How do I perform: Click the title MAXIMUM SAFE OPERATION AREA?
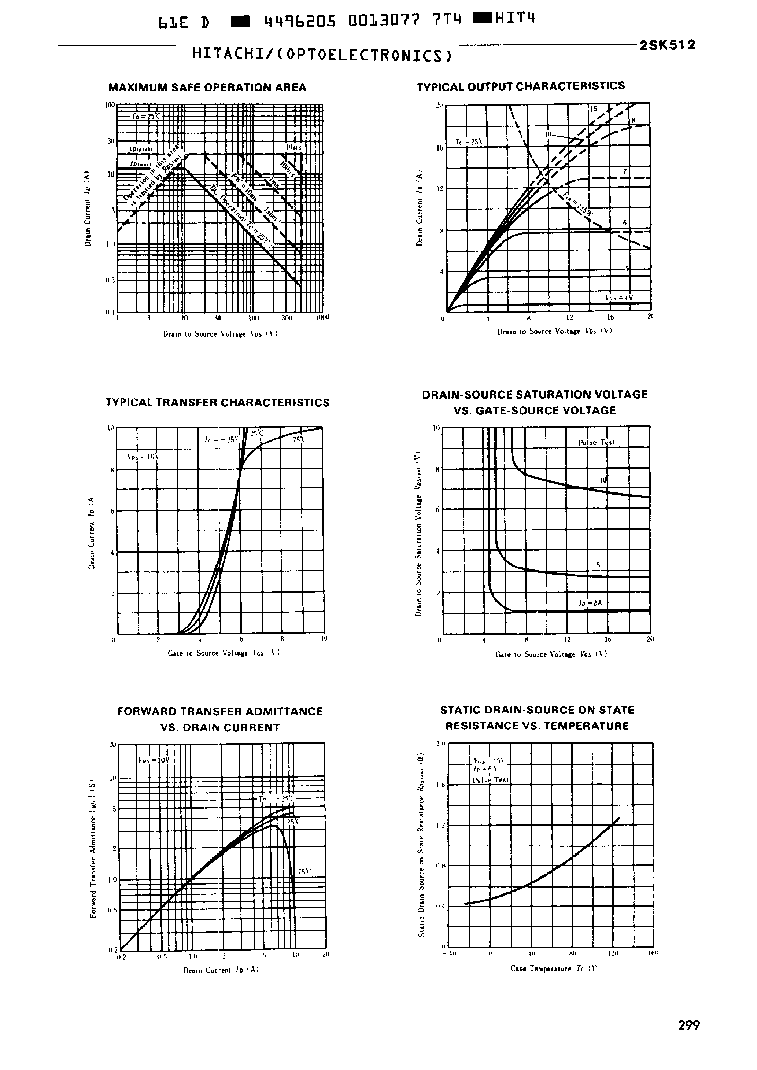[207, 88]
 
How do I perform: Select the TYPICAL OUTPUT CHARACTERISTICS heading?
[521, 86]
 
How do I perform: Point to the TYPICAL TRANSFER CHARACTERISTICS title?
[217, 402]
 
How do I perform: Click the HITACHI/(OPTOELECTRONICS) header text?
[322, 55]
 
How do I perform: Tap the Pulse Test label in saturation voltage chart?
[596, 442]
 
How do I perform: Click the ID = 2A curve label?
[590, 603]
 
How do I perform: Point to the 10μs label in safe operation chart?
[293, 147]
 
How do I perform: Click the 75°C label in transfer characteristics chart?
[299, 439]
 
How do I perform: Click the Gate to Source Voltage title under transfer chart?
[223, 653]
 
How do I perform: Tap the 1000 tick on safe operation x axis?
[322, 317]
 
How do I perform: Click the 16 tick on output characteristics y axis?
[439, 148]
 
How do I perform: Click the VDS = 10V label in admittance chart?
[154, 760]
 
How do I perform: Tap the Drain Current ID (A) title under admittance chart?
[221, 970]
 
